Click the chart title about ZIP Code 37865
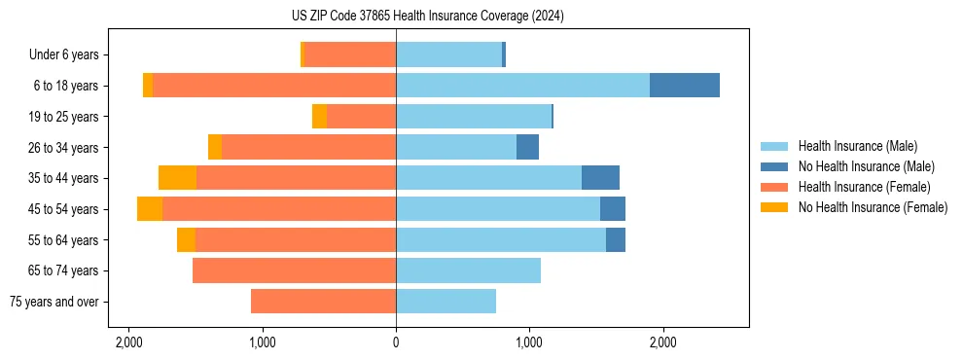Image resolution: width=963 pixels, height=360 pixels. pyautogui.click(x=427, y=17)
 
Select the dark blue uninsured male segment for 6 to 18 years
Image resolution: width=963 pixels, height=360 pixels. pyautogui.click(x=685, y=86)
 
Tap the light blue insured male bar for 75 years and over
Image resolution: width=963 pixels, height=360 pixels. pyautogui.click(x=446, y=302)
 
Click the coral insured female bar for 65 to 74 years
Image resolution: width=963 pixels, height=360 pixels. pyautogui.click(x=294, y=270)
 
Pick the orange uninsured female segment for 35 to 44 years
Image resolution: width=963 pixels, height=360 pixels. pyautogui.click(x=177, y=178)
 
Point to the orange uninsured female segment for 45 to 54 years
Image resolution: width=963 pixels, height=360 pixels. pyautogui.click(x=150, y=209)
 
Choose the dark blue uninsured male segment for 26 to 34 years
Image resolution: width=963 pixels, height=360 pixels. pyautogui.click(x=527, y=147)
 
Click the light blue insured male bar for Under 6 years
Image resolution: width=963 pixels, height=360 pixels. pyautogui.click(x=448, y=54)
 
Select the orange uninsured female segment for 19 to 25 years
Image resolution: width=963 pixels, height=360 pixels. pyautogui.click(x=319, y=117)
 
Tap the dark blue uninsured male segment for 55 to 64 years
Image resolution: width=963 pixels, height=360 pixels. pyautogui.click(x=616, y=239)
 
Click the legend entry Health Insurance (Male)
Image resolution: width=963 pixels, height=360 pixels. pyautogui.click(x=857, y=146)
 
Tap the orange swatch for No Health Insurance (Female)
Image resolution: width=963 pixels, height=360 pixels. pyautogui.click(x=775, y=207)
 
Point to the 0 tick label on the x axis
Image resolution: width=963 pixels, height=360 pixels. pyautogui.click(x=396, y=343)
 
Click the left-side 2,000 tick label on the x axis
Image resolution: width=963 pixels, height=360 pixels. pyautogui.click(x=129, y=343)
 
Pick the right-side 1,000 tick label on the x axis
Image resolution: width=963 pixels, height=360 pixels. pyautogui.click(x=529, y=343)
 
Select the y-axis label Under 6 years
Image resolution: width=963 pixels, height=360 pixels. pyautogui.click(x=70, y=54)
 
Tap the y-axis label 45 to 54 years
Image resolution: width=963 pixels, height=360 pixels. pyautogui.click(x=65, y=209)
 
